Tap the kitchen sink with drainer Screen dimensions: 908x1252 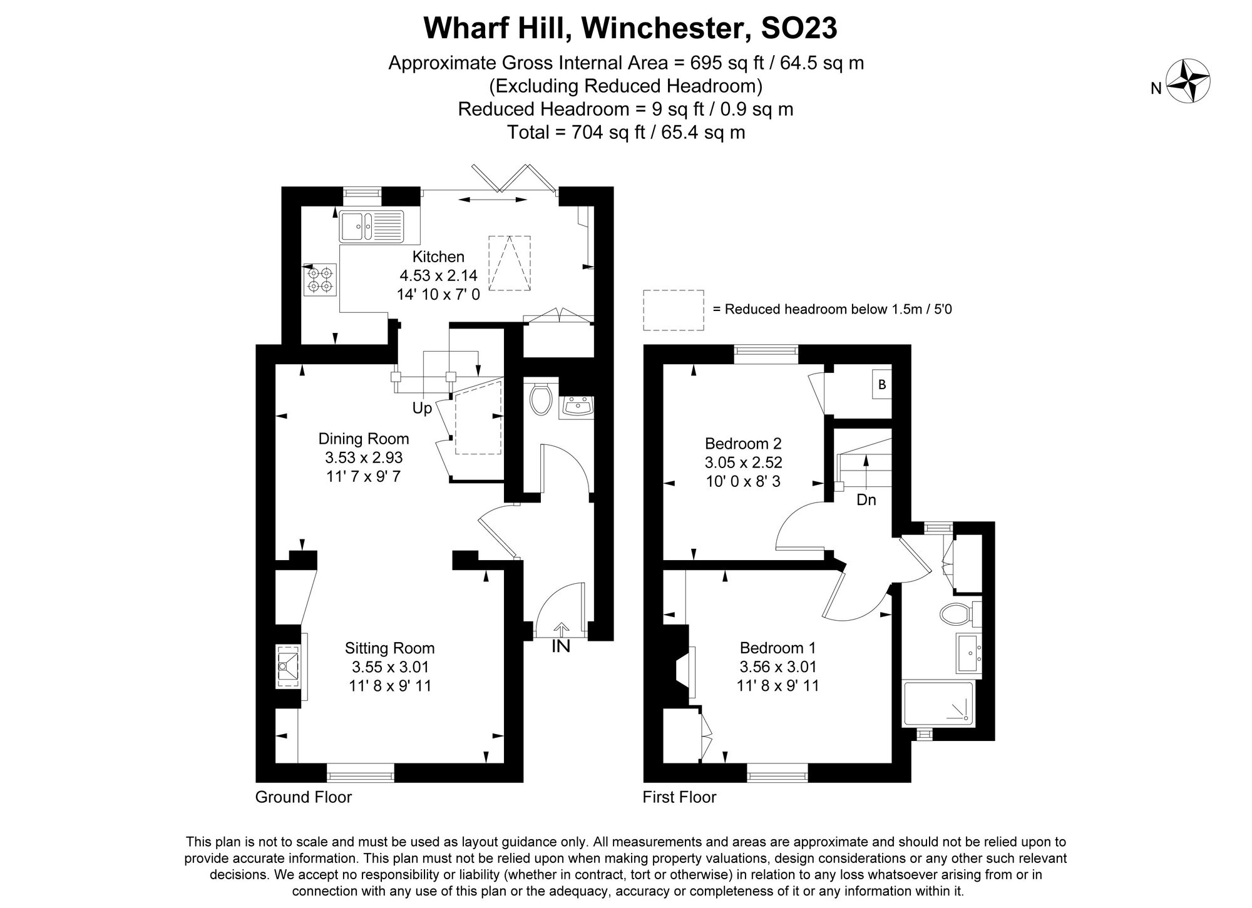click(372, 226)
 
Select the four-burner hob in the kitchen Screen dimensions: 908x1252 click(320, 279)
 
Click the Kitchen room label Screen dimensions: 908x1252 click(438, 257)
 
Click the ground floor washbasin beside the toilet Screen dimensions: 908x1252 click(576, 408)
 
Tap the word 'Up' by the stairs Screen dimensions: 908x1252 click(422, 409)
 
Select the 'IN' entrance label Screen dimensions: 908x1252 click(561, 646)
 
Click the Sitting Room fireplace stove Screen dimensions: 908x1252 click(288, 667)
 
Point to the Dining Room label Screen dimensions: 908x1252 click(364, 439)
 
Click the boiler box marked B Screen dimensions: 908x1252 click(882, 385)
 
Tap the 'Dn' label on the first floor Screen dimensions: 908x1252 click(866, 500)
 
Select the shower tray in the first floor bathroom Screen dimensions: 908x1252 click(938, 704)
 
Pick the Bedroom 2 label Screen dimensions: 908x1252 click(743, 444)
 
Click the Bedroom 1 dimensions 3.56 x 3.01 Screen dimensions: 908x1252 click(777, 667)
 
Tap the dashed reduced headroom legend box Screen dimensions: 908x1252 click(674, 310)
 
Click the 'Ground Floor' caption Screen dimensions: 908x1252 click(304, 797)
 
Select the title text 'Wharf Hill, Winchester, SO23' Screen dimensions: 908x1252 click(630, 28)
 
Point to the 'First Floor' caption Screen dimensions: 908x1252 click(679, 797)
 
